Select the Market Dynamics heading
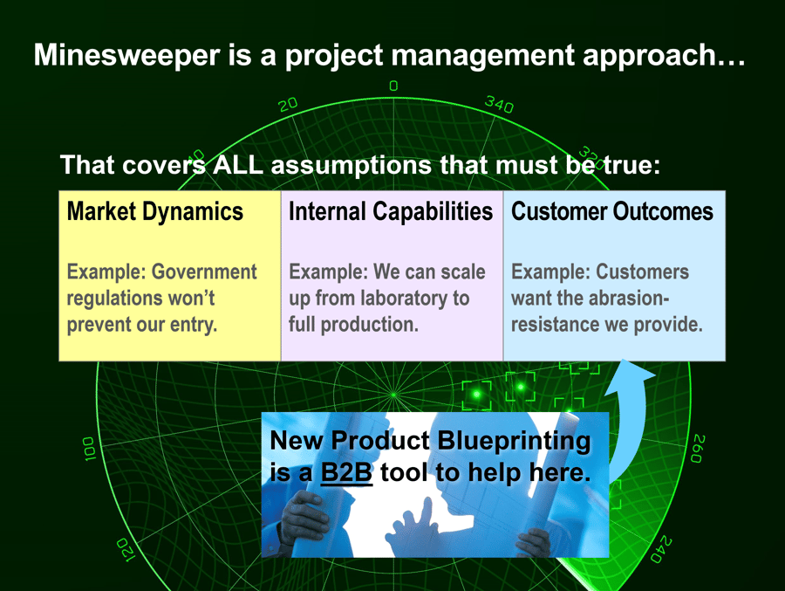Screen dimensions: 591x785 pos(154,211)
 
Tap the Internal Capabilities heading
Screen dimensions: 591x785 pos(390,211)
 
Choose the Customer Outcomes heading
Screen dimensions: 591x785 pos(611,211)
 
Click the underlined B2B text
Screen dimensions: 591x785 pos(346,473)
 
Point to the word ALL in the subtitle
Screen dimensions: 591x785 pos(238,164)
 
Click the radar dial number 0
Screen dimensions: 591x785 pos(393,86)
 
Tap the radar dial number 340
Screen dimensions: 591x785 pos(499,105)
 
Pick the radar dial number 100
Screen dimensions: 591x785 pos(88,449)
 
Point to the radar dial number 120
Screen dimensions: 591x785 pos(124,549)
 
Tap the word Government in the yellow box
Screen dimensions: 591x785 pos(204,272)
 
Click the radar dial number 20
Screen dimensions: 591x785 pos(288,104)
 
